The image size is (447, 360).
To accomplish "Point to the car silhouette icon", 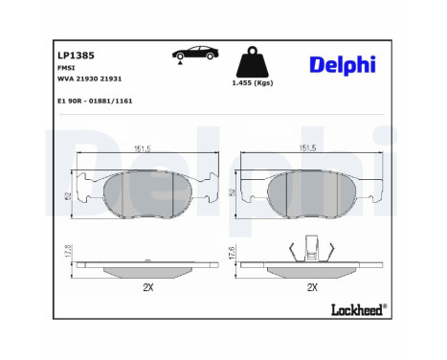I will tap(191, 55).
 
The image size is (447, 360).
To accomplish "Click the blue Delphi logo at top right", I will tap(342, 65).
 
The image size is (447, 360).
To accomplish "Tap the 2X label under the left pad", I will tap(147, 286).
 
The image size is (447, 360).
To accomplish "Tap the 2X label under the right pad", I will tap(311, 286).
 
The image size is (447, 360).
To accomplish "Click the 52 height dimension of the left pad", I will tap(69, 195).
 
